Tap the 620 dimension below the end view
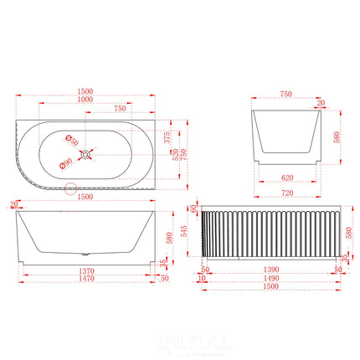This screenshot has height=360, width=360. tap(286, 177)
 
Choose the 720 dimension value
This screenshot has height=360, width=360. tap(286, 193)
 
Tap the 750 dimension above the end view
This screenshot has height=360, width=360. tap(286, 95)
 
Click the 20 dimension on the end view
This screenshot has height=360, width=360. tap(321, 104)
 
